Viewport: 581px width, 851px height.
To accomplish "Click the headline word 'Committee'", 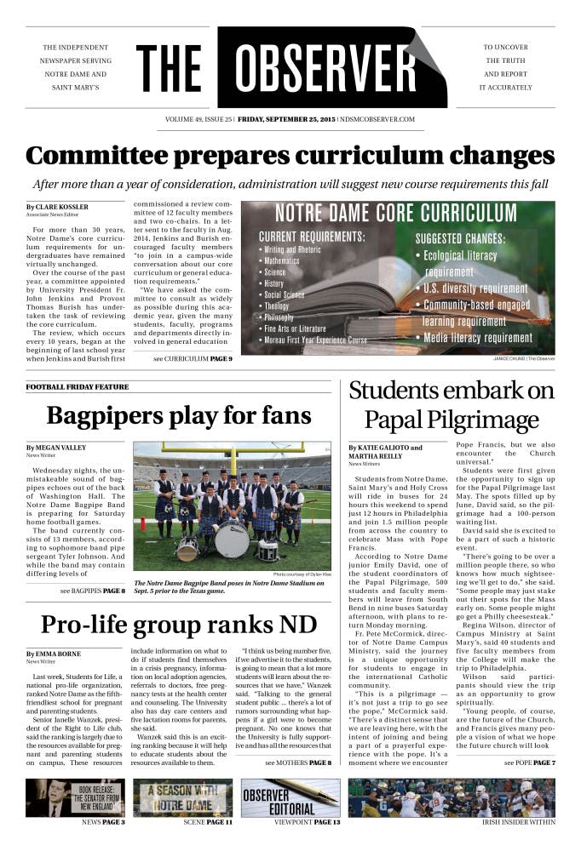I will click(x=98, y=157).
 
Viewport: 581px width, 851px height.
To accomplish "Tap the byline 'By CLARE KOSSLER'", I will click(x=56, y=207).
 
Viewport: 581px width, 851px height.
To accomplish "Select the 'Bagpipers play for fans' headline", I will click(x=179, y=415).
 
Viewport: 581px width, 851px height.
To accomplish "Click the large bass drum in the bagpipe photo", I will click(x=232, y=539).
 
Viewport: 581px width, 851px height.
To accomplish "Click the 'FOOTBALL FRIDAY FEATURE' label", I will click(x=77, y=386).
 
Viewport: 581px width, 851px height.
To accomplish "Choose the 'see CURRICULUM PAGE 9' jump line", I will click(x=193, y=359).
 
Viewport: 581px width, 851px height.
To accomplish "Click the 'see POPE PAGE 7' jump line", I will click(x=529, y=739).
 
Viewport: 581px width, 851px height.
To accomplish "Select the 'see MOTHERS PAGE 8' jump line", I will click(x=297, y=739).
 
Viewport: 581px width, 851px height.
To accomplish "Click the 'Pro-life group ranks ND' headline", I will click(x=179, y=624).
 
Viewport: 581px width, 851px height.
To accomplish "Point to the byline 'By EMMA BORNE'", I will click(x=54, y=654).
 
